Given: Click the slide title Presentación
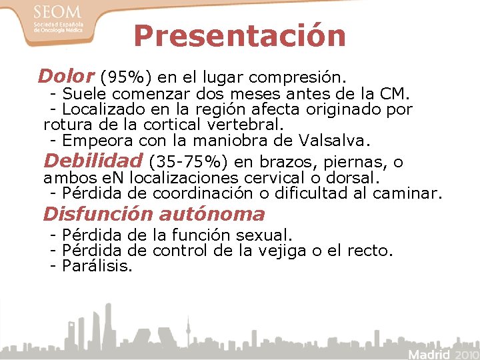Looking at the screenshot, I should tap(239, 36).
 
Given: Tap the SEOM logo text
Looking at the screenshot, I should tap(57, 12).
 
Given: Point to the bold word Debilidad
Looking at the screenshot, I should tap(93, 161).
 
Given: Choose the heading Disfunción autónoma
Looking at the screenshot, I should tap(154, 214).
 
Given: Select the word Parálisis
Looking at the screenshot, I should tap(97, 267).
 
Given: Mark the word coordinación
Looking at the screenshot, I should tap(204, 194).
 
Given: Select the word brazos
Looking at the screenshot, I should tap(289, 162).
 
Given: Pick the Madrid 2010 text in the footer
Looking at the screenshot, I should tap(442, 353).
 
